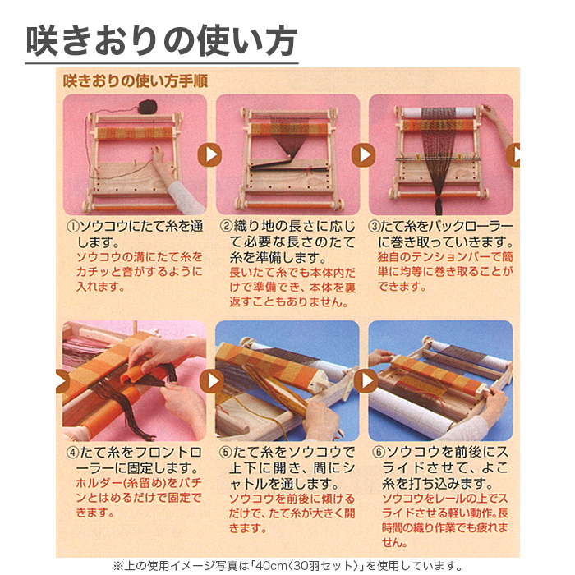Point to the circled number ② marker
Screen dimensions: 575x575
[226, 226]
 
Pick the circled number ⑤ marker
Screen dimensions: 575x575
[226, 453]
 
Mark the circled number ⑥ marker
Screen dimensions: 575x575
[379, 453]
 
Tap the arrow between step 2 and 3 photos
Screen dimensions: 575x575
[363, 154]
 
